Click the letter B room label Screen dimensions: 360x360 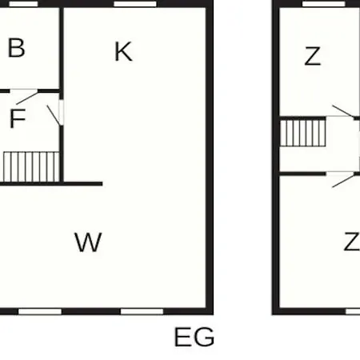pos(17,48)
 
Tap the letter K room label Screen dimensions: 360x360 pos(123,51)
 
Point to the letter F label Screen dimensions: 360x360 pos(18,118)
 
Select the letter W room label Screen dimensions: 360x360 pos(88,242)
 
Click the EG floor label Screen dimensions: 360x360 pos(194,337)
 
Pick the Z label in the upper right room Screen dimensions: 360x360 pos(313,56)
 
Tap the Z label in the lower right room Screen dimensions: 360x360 pos(352,242)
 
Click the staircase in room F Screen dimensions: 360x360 pos(31,167)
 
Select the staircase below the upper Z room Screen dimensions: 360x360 pos(303,133)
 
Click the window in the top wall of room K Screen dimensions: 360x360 pos(135,4)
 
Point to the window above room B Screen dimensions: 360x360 pos(23,4)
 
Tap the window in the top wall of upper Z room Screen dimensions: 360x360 pos(324,4)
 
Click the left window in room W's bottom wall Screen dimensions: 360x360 pos(40,311)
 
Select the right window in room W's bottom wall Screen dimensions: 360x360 pos(142,311)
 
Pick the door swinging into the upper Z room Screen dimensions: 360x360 pos(343,111)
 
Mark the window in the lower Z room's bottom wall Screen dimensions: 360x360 pos(353,311)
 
